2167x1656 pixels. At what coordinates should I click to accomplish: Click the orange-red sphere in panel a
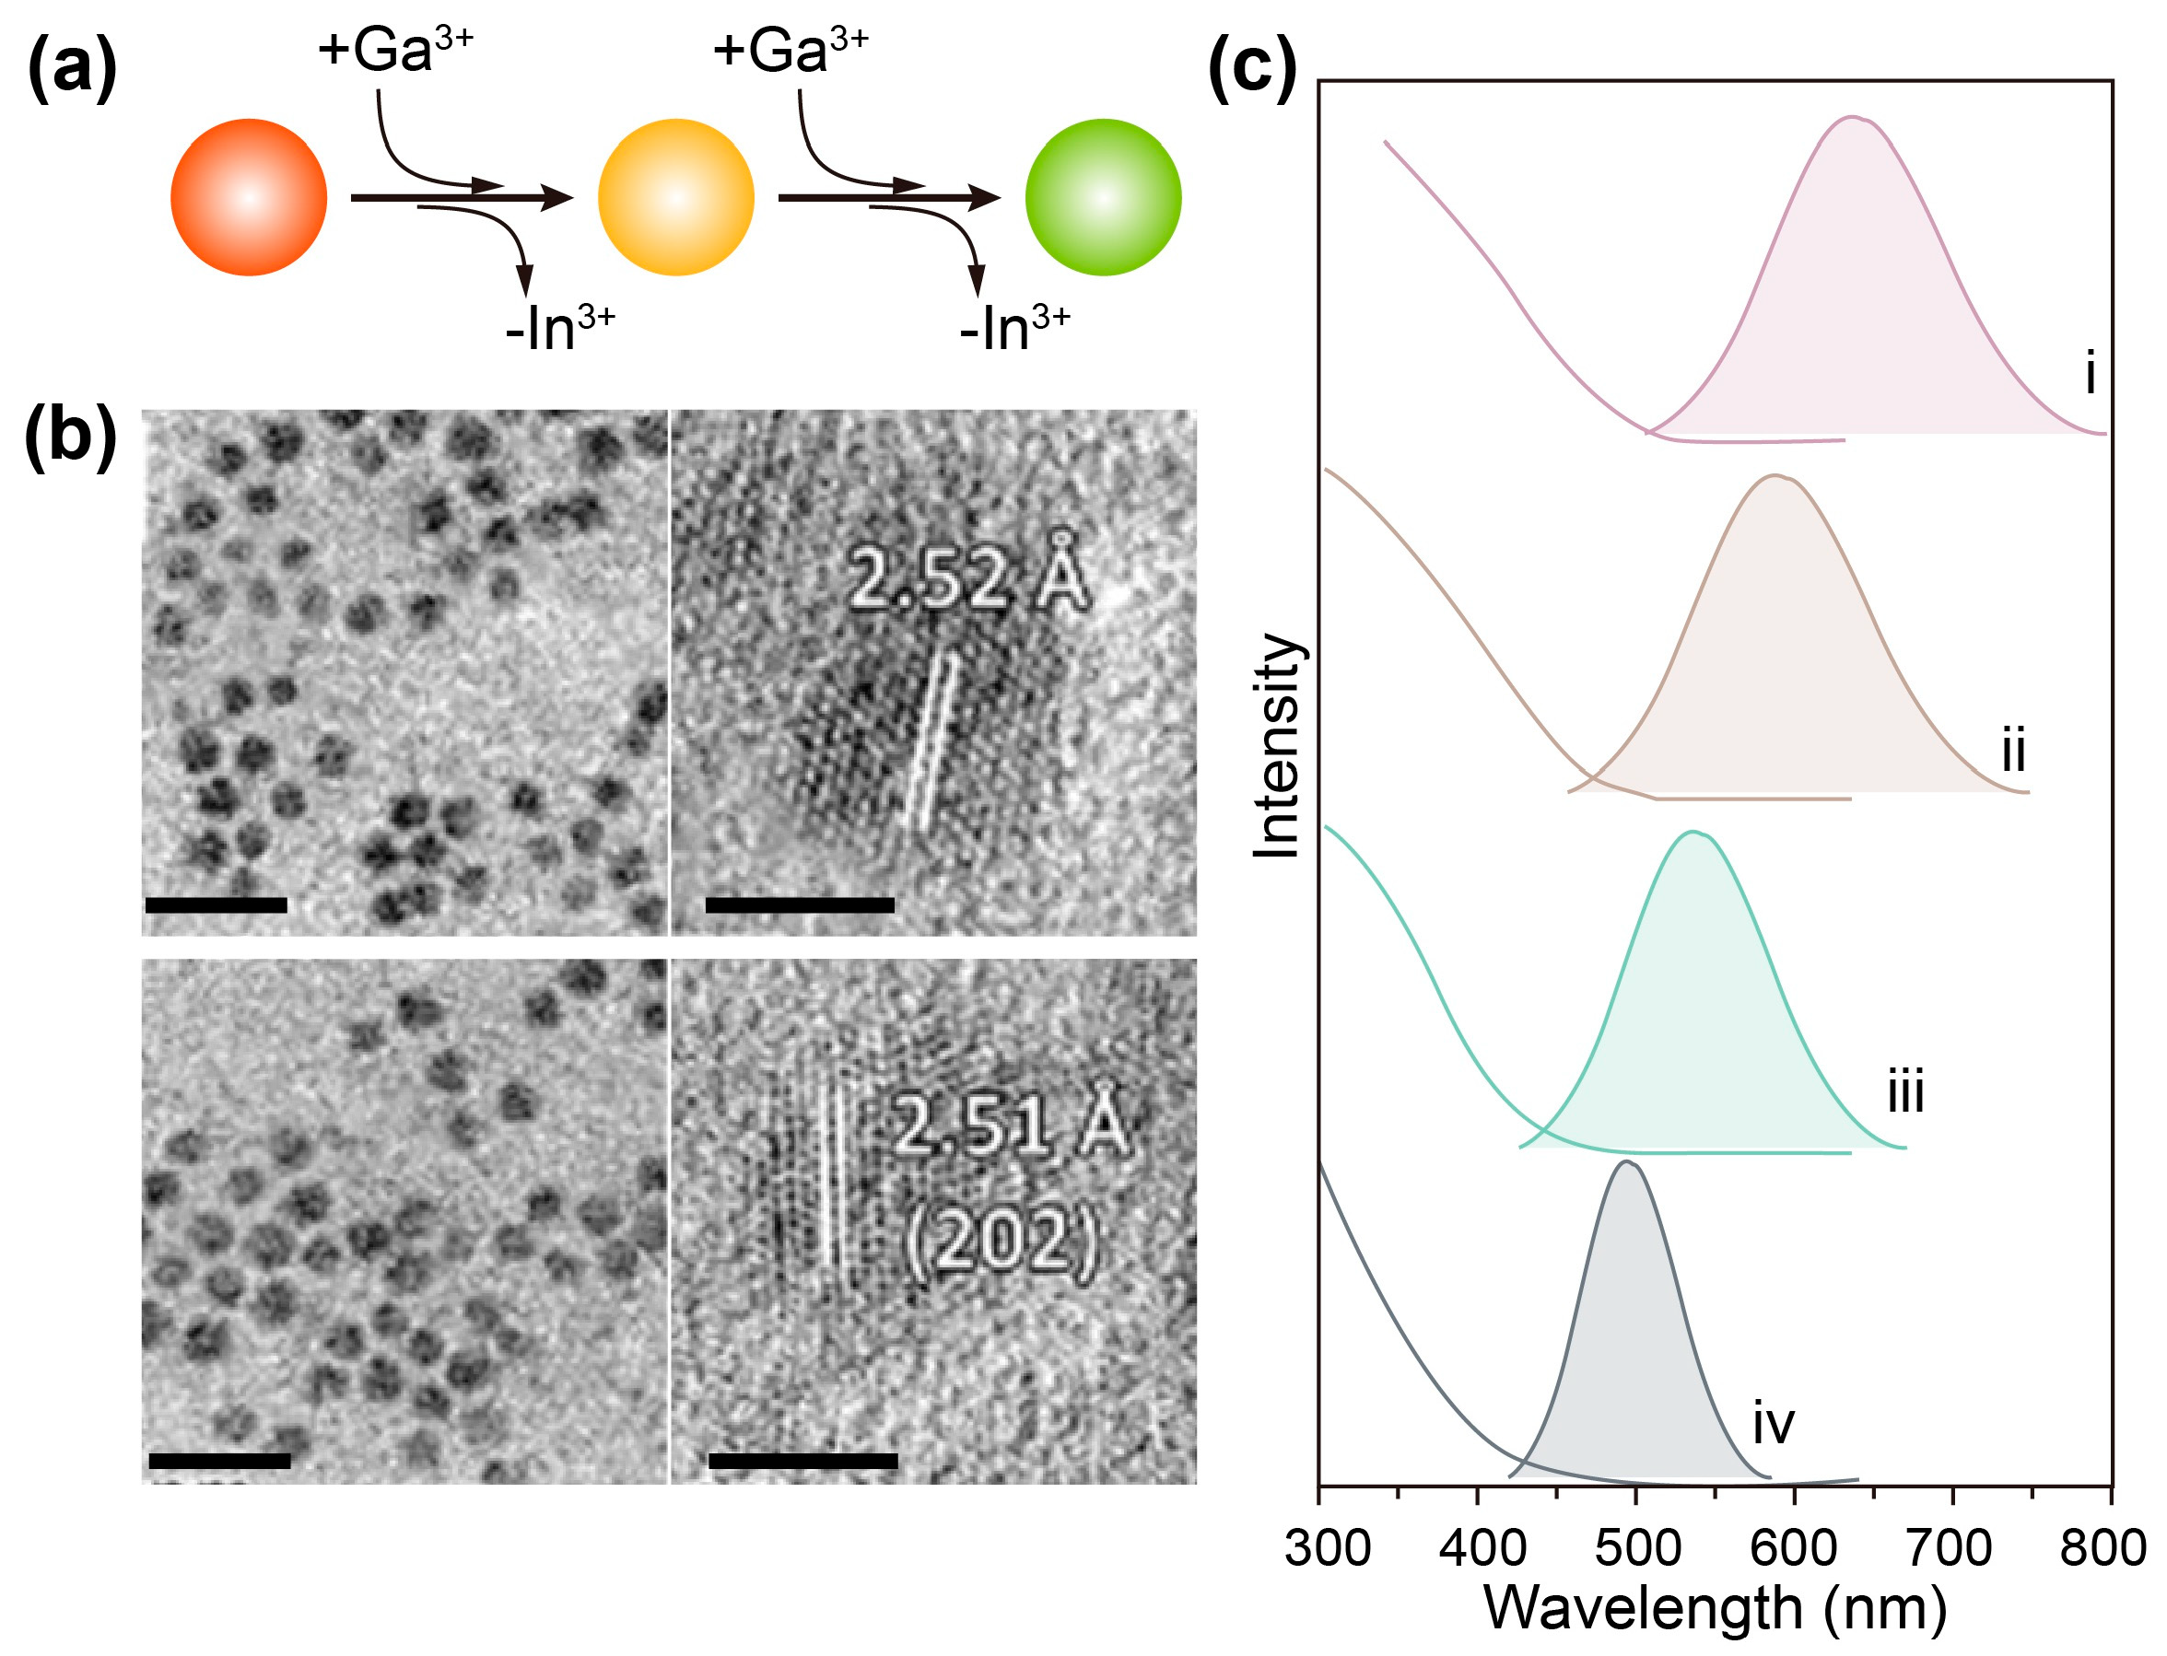(x=249, y=197)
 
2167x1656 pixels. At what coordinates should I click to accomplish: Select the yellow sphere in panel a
(x=675, y=197)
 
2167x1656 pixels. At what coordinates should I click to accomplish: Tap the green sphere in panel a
(x=1102, y=197)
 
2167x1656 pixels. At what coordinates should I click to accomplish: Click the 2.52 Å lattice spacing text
(x=968, y=579)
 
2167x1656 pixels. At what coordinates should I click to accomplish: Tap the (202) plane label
(x=1000, y=1240)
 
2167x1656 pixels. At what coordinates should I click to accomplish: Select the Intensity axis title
(x=1278, y=745)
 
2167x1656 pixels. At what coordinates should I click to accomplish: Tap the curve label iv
(x=1773, y=1423)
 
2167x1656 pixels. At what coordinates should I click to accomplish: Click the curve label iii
(x=1904, y=1092)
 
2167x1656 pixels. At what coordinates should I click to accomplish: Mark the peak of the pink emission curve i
(x=1854, y=117)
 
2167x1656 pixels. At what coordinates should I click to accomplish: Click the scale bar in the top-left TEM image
(x=216, y=904)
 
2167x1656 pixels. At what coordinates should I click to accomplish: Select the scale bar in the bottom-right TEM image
(x=802, y=1461)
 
